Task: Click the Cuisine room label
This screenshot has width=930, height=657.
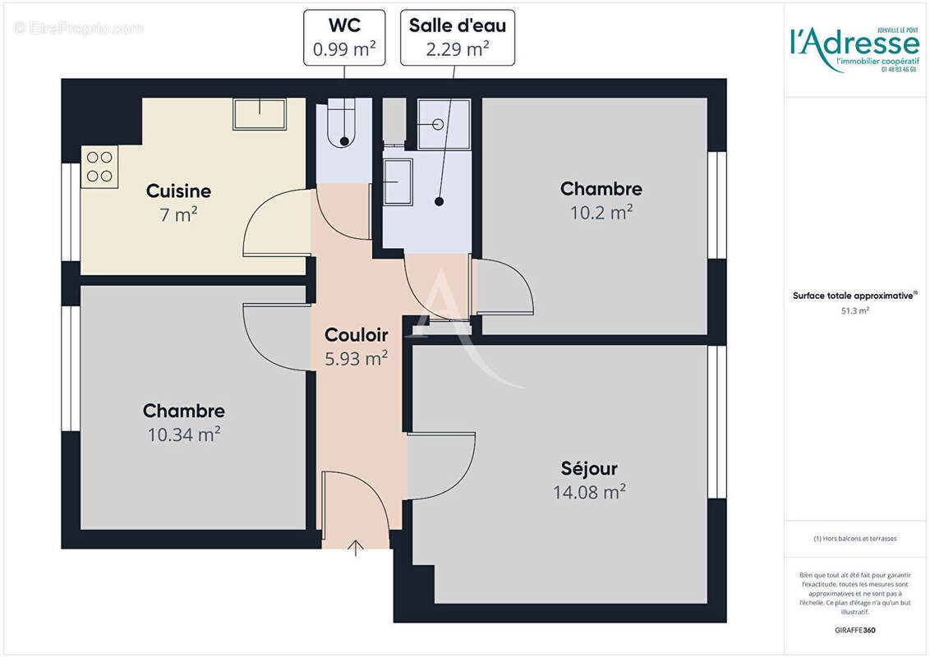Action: (x=178, y=191)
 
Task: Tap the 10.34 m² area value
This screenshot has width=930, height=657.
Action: (x=183, y=434)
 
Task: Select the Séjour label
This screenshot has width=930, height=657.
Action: (x=589, y=469)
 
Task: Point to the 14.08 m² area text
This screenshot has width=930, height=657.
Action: (x=589, y=492)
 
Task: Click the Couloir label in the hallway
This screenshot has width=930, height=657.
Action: (x=356, y=335)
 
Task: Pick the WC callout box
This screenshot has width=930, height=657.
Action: (x=344, y=37)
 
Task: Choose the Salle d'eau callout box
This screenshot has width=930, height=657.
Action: (x=457, y=37)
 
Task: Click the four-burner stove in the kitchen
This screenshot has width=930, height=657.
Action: (x=99, y=167)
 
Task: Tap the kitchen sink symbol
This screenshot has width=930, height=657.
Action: (x=260, y=114)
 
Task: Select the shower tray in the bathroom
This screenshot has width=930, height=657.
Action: (x=444, y=124)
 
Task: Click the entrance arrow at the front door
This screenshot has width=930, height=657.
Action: (x=356, y=548)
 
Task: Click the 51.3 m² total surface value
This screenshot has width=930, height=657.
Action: (x=855, y=311)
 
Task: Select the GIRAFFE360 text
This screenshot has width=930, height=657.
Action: (x=855, y=631)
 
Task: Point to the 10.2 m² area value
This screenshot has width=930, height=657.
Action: (x=601, y=213)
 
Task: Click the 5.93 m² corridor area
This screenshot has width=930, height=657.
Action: (x=356, y=359)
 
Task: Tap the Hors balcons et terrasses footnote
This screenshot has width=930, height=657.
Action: (x=855, y=539)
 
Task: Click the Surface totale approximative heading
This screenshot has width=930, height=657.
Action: (x=854, y=296)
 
